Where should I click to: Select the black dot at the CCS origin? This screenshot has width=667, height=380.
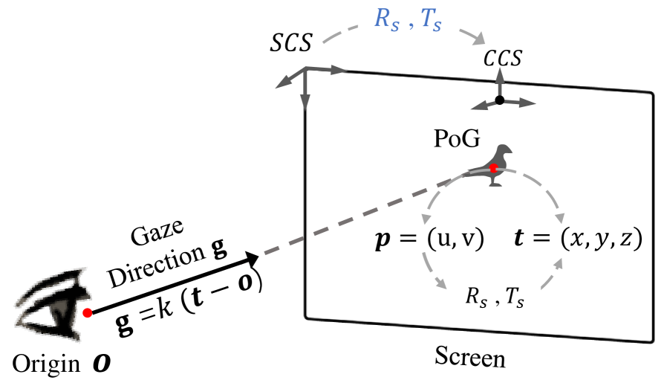(x=500, y=100)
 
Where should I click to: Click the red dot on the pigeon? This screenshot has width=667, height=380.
(x=493, y=169)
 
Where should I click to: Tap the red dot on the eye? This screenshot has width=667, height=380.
(x=88, y=313)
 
